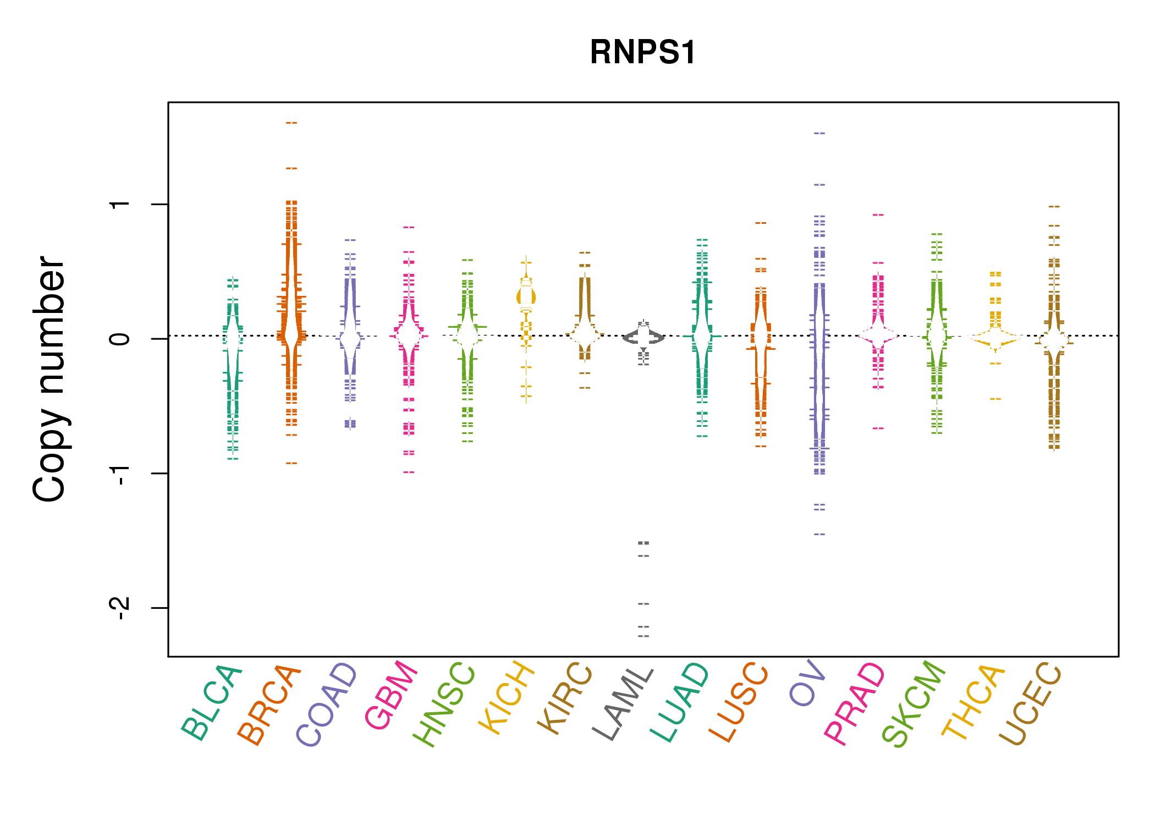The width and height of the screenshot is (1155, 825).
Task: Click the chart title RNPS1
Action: pyautogui.click(x=642, y=52)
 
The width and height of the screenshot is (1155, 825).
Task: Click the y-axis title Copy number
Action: pyautogui.click(x=50, y=379)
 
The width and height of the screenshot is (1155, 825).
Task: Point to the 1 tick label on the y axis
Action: pyautogui.click(x=120, y=205)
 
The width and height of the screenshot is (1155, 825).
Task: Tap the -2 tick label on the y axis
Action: pyautogui.click(x=120, y=608)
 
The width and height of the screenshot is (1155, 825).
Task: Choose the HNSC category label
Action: pyautogui.click(x=444, y=705)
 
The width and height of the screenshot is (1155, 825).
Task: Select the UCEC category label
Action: pyautogui.click(x=1030, y=703)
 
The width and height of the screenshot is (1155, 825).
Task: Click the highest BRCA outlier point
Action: pyautogui.click(x=291, y=123)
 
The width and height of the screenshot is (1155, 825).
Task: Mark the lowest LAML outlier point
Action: pyautogui.click(x=643, y=636)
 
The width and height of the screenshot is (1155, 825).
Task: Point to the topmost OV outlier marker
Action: pyautogui.click(x=820, y=133)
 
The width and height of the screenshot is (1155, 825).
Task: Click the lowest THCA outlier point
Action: pyautogui.click(x=996, y=399)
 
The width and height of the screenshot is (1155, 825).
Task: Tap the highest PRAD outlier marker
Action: pyautogui.click(x=878, y=215)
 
